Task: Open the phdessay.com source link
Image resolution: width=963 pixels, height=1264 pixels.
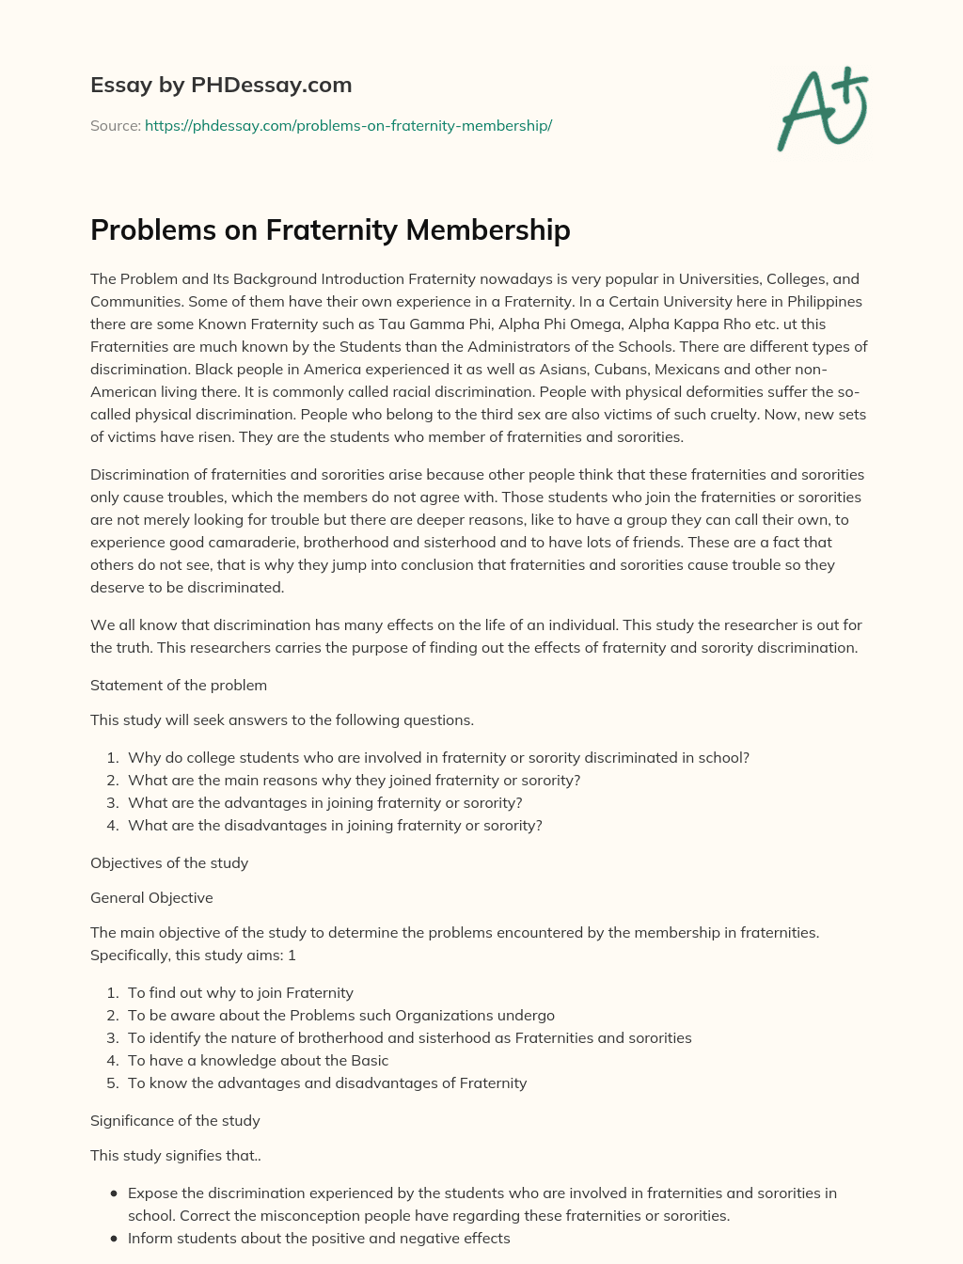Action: [348, 125]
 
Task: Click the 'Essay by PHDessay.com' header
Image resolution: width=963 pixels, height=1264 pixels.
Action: [221, 85]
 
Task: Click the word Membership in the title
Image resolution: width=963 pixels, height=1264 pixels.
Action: [487, 229]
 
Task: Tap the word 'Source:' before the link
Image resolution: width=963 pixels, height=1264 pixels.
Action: [115, 125]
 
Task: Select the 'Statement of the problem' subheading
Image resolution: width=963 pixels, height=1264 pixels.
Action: [179, 685]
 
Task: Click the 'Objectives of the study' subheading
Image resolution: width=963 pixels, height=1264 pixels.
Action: [169, 862]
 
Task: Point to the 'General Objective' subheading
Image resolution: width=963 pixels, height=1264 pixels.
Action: [151, 897]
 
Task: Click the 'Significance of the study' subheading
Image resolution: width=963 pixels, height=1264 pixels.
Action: [175, 1120]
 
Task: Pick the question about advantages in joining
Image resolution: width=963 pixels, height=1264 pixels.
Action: [324, 802]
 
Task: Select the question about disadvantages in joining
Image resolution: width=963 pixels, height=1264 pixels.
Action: [335, 825]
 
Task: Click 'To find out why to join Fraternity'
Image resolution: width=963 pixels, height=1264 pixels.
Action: [241, 992]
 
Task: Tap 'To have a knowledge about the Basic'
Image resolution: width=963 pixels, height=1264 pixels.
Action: [258, 1060]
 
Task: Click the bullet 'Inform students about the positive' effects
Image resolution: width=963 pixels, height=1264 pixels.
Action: [319, 1238]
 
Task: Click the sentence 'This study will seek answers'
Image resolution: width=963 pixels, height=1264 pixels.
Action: [282, 719]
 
